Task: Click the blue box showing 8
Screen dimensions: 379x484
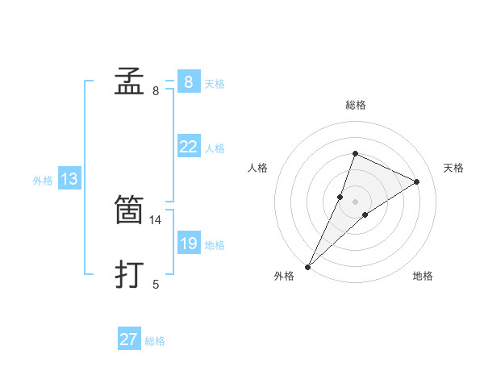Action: tap(188, 81)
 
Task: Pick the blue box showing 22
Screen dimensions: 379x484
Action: tap(188, 147)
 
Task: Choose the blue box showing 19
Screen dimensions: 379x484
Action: tap(188, 244)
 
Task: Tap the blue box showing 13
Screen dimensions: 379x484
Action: tap(69, 179)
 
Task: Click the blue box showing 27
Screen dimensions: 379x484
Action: tap(129, 339)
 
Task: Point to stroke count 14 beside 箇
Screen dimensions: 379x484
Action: tap(156, 219)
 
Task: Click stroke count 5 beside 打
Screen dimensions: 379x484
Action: tap(156, 284)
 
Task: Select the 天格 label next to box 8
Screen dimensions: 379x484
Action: tap(215, 84)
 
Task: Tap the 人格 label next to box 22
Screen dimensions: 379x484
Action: tap(215, 148)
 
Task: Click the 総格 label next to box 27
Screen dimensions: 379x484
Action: tap(155, 341)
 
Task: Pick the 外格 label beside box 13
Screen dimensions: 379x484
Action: tap(43, 181)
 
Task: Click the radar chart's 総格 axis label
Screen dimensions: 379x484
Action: tap(355, 105)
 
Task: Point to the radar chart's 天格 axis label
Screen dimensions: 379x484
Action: tap(453, 168)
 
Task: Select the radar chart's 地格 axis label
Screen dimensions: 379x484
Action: tap(423, 277)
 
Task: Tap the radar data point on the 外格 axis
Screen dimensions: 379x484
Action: tap(307, 267)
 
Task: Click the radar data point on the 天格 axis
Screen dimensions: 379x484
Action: tap(417, 181)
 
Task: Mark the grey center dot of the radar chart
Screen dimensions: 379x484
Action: tap(355, 202)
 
